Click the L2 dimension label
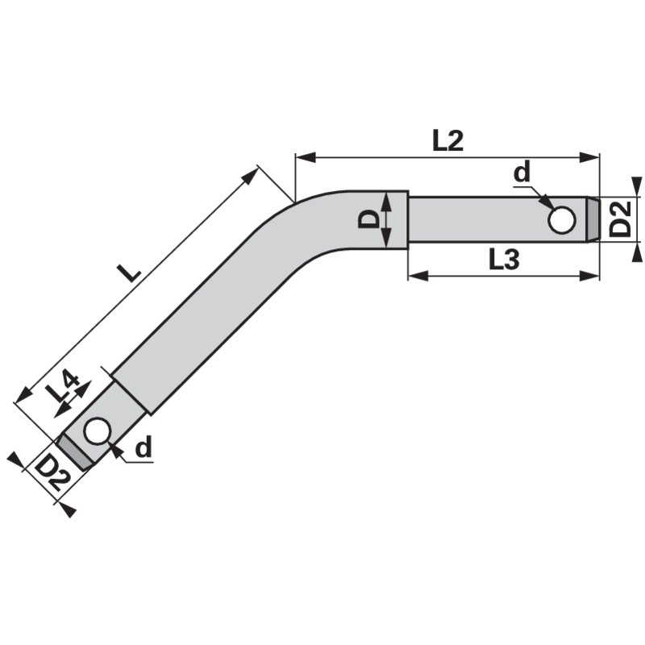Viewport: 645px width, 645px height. coord(448,141)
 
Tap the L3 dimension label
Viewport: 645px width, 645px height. coord(504,260)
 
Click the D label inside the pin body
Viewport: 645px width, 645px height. coord(368,218)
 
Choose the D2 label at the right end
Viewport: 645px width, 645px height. coord(619,218)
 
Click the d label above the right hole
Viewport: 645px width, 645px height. coord(522,173)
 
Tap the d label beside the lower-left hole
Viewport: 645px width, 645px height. coord(144,447)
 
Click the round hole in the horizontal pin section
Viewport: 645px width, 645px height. coord(561,219)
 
